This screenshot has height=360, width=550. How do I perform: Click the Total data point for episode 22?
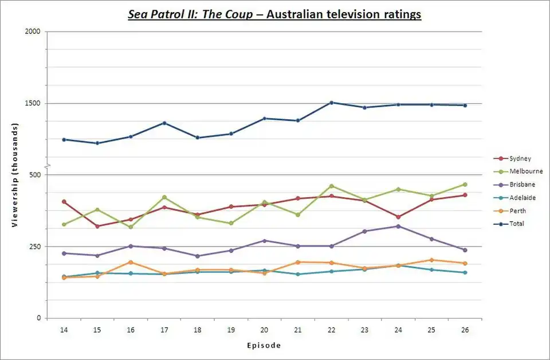click(x=331, y=103)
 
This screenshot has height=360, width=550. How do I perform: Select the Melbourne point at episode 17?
click(x=164, y=197)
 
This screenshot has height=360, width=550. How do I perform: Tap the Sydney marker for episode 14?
click(x=64, y=202)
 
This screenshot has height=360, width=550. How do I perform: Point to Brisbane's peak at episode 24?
click(x=398, y=226)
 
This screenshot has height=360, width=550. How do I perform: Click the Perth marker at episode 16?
click(x=131, y=262)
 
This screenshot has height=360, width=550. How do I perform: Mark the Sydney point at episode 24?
click(x=398, y=217)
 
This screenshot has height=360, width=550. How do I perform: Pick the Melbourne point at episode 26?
click(x=465, y=185)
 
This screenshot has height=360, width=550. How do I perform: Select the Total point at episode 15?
click(x=97, y=143)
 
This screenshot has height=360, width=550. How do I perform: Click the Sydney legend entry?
click(x=520, y=158)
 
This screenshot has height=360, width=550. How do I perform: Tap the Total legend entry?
click(x=516, y=224)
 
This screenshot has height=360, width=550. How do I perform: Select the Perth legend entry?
click(x=517, y=211)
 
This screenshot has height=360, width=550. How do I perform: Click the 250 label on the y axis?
click(x=35, y=246)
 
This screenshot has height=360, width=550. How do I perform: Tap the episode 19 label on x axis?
click(x=231, y=331)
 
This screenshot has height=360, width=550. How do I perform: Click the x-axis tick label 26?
click(x=465, y=331)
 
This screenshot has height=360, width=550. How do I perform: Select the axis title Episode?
click(x=264, y=346)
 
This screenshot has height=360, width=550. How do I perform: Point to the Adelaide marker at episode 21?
click(x=298, y=274)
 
